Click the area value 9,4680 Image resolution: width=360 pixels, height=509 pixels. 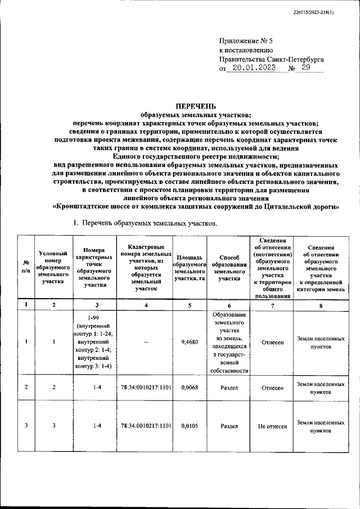tap(190, 341)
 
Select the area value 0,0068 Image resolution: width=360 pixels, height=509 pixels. tap(190, 387)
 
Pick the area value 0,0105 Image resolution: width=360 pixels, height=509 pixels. tap(190, 426)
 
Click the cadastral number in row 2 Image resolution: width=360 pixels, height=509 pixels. tap(146, 387)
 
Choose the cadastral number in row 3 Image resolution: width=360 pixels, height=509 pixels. tap(146, 426)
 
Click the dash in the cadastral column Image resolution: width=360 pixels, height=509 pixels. tap(146, 341)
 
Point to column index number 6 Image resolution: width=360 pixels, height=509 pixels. tap(229, 305)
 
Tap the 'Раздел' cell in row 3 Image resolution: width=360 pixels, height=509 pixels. tap(229, 426)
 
